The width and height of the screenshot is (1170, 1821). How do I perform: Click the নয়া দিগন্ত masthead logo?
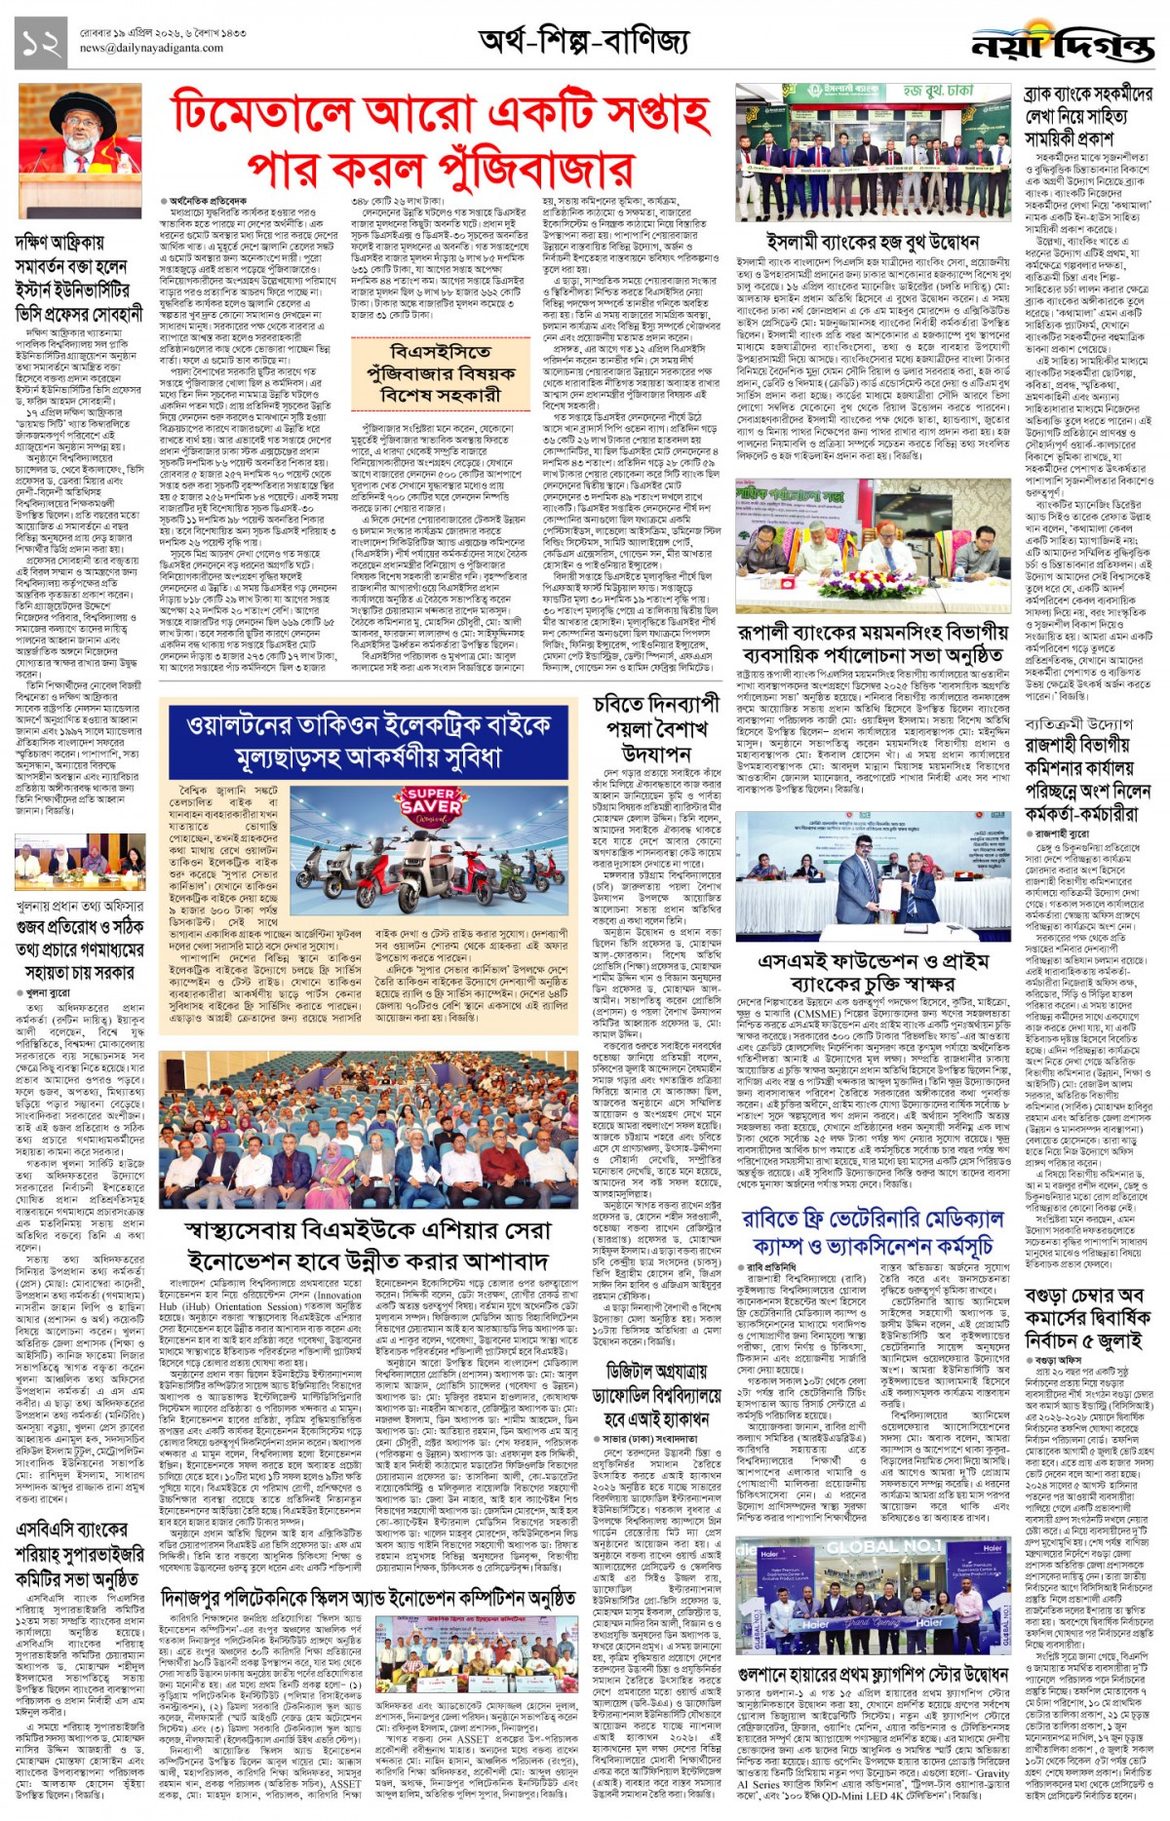click(1062, 45)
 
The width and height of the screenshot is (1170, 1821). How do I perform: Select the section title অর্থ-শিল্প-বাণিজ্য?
click(583, 41)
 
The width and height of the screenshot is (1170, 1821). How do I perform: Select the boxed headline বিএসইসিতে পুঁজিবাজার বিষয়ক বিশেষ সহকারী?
click(434, 372)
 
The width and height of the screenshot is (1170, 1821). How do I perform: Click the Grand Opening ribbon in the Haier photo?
click(885, 1623)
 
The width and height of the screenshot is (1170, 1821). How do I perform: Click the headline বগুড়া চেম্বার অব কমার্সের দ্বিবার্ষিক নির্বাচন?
click(1088, 1318)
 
